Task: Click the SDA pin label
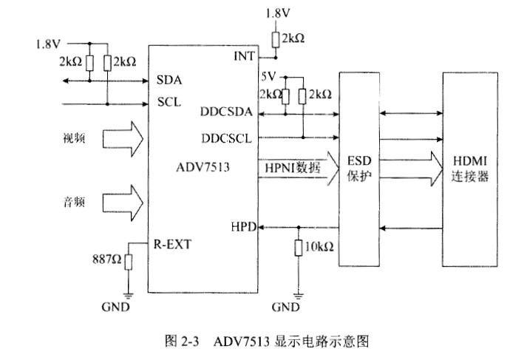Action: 169,80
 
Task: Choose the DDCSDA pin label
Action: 226,112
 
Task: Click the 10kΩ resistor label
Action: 320,246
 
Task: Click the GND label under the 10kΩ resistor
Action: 285,305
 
